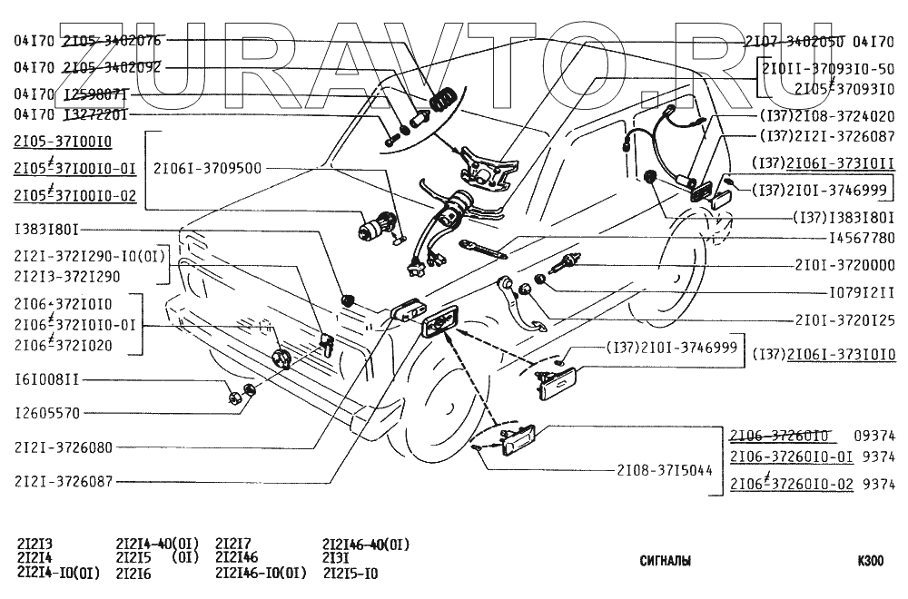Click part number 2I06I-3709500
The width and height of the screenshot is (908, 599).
coord(207,168)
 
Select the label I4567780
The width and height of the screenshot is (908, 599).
coord(849,240)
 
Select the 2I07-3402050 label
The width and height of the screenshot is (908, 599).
coord(794,41)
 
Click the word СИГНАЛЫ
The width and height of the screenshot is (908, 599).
coord(665,561)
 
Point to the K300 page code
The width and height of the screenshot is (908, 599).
coord(870,561)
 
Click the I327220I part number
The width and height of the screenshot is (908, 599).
coord(94,115)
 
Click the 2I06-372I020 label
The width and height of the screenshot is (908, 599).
coord(63,345)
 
